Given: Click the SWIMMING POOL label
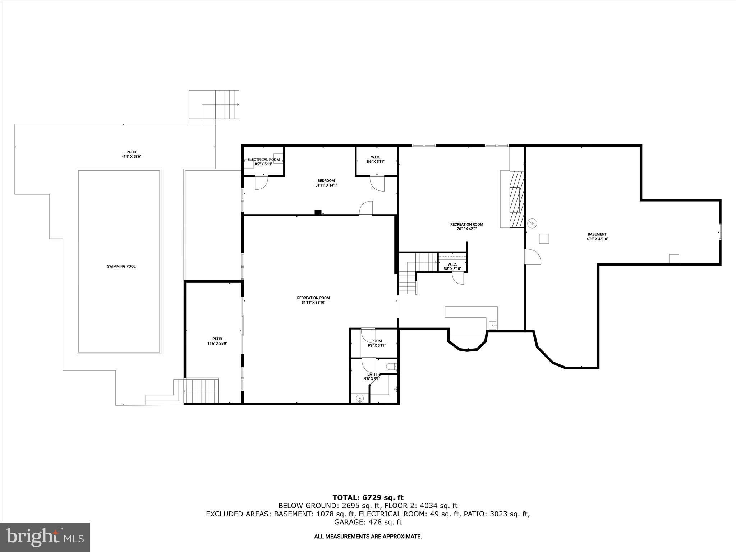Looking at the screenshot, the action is click(x=121, y=266).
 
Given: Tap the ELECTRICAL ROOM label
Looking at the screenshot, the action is click(x=263, y=160).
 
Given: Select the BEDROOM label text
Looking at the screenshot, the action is click(x=326, y=181).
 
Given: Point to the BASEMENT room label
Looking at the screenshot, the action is click(x=597, y=234).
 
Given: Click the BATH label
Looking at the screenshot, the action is click(x=372, y=374).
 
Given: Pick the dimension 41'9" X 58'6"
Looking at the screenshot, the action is click(x=131, y=157).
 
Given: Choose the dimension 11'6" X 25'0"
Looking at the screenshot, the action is click(x=217, y=344).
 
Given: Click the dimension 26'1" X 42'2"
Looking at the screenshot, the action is click(x=466, y=229).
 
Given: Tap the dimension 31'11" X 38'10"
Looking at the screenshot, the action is click(x=313, y=303).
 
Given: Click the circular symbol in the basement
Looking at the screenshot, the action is click(x=532, y=223).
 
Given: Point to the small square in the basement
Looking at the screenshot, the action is click(x=544, y=239).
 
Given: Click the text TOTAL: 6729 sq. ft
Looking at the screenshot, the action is click(x=368, y=498).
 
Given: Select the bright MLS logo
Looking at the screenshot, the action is click(x=45, y=538).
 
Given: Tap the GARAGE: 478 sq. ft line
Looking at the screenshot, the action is click(x=368, y=522).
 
